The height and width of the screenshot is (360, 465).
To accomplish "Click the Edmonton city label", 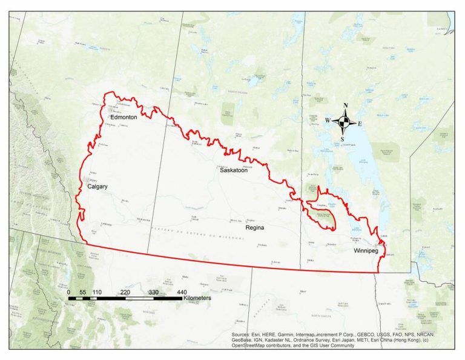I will [x=124, y=118].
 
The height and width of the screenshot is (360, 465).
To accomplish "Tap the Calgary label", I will [x=97, y=187].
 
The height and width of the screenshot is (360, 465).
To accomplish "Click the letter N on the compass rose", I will [x=345, y=106].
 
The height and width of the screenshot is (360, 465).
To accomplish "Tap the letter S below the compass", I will [x=343, y=139].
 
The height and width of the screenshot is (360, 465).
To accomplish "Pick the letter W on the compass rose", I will [x=328, y=121].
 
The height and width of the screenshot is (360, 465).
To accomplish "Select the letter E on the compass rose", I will [x=360, y=124].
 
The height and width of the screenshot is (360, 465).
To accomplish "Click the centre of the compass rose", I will [x=344, y=122].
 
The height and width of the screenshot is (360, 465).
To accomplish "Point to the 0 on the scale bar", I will [x=68, y=292].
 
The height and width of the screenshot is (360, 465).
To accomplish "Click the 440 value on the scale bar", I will [x=182, y=292].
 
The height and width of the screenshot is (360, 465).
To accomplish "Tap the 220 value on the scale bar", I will [x=125, y=292].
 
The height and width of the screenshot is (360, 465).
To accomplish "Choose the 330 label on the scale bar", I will [x=153, y=292].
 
